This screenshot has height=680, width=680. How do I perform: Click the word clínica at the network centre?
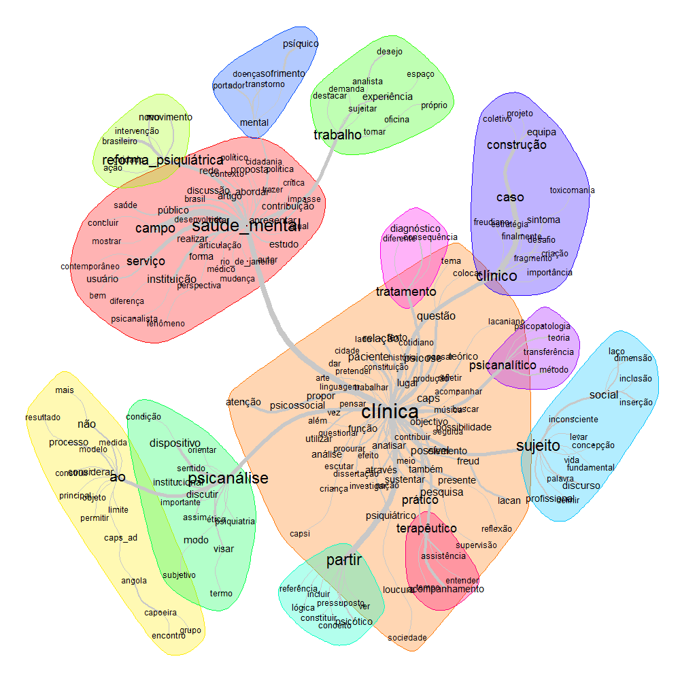click(390, 412)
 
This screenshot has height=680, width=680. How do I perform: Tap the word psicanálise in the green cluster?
click(228, 478)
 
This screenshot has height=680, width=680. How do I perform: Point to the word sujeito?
click(538, 446)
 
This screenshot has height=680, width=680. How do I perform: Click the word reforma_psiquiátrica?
click(148, 161)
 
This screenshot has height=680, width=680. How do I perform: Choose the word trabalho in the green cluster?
click(337, 135)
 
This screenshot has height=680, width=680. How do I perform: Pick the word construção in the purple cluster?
click(516, 145)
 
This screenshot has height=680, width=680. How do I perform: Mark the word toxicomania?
click(572, 190)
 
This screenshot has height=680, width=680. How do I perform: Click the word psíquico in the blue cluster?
click(301, 44)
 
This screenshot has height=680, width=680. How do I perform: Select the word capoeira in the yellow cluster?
click(160, 613)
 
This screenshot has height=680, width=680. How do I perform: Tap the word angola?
click(134, 581)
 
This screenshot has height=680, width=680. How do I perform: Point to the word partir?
click(344, 560)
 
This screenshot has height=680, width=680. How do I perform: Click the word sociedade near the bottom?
click(407, 638)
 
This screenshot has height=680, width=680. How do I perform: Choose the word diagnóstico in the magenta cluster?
click(415, 228)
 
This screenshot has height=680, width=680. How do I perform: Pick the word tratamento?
click(406, 292)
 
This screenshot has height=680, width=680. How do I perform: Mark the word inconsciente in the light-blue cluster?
click(573, 420)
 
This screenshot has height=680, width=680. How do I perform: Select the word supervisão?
click(476, 545)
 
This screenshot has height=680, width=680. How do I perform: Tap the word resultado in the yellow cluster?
click(44, 418)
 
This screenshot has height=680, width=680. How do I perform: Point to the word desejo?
click(389, 52)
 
